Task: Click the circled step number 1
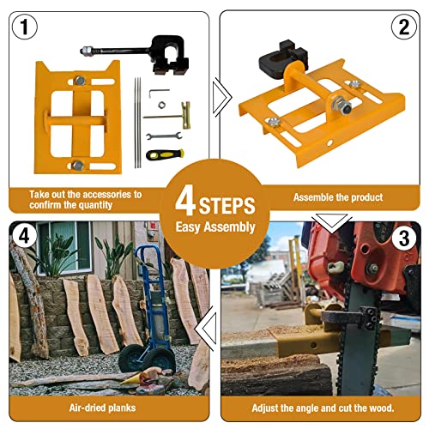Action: tap(25, 27)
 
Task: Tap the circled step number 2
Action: tap(404, 27)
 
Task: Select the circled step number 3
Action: tap(404, 239)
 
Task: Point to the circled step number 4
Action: tap(24, 237)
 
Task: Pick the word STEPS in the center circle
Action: tap(227, 206)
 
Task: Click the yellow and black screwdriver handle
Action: tap(165, 154)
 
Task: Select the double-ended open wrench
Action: tap(164, 136)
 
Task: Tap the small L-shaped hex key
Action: tap(158, 93)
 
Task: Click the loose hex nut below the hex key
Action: tap(162, 105)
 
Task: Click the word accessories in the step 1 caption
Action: tap(106, 195)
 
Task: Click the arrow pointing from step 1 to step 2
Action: tap(222, 98)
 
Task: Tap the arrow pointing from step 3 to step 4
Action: tap(205, 328)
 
